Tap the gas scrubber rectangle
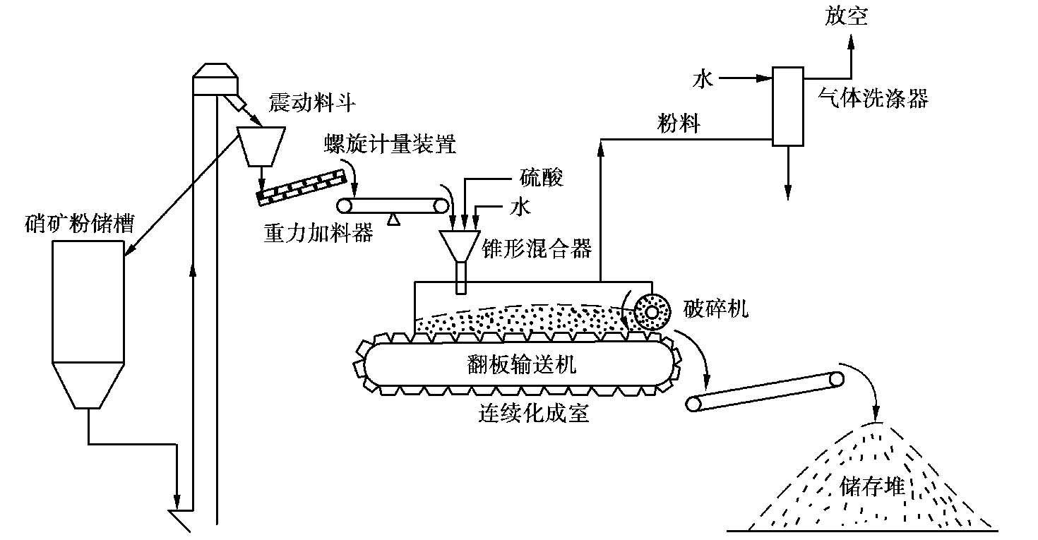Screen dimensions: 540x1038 click(787, 106)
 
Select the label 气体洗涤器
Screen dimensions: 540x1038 click(873, 97)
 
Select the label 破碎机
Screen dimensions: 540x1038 click(715, 308)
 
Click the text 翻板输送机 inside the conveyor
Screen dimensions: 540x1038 click(522, 364)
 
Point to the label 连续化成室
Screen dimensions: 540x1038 click(533, 413)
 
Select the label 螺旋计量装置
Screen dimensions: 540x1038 click(390, 145)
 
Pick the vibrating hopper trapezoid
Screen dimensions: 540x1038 click(261, 145)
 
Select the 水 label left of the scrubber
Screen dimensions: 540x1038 click(703, 80)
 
